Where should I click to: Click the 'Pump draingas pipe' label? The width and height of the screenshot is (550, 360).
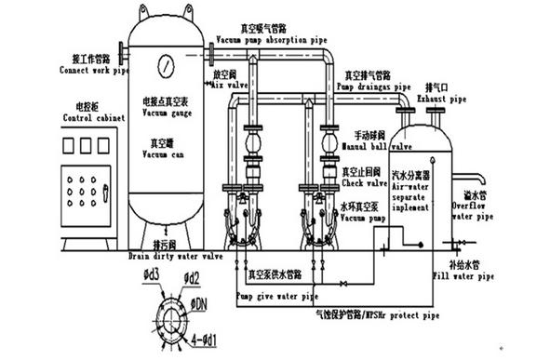point(359,87)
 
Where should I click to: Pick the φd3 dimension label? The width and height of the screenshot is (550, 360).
point(150,273)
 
